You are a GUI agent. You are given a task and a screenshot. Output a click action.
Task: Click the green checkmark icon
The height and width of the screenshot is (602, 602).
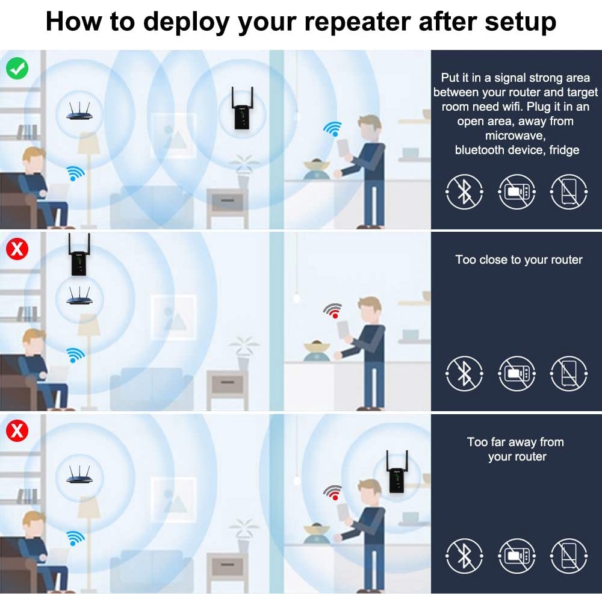pyautogui.click(x=17, y=69)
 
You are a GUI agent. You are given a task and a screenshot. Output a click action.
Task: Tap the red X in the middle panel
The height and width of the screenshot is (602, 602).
pyautogui.click(x=17, y=249)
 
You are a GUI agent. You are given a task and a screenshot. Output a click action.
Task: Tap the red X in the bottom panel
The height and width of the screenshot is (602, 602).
pyautogui.click(x=17, y=430)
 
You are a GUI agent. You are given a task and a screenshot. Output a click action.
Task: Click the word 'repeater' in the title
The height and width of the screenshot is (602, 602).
pyautogui.click(x=358, y=22)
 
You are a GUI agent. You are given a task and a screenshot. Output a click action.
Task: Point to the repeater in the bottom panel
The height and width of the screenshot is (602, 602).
pyautogui.click(x=397, y=472)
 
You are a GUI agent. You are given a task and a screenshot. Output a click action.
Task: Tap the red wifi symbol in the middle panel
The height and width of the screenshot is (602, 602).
pyautogui.click(x=333, y=311)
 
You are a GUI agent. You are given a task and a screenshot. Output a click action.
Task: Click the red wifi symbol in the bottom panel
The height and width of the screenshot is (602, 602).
pyautogui.click(x=333, y=492)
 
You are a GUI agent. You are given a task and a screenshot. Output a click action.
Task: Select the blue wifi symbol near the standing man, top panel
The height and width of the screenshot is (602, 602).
pyautogui.click(x=333, y=129)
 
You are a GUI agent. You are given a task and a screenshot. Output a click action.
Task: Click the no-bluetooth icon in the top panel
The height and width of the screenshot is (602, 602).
pyautogui.click(x=465, y=191)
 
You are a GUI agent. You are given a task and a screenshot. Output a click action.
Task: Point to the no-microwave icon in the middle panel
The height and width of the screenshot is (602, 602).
pyautogui.click(x=517, y=374)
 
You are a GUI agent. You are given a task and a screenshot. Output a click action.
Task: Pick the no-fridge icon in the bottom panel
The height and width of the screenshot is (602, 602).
pyautogui.click(x=569, y=556)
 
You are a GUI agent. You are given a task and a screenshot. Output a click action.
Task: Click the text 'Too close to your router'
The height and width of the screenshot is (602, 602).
pyautogui.click(x=519, y=260)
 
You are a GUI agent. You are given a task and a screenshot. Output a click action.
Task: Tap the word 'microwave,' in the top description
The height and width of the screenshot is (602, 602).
pyautogui.click(x=515, y=135)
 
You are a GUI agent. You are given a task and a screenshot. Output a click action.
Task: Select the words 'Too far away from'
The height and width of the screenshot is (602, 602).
pyautogui.click(x=515, y=442)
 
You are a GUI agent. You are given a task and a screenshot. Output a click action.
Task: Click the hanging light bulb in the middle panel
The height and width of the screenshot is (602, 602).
pyautogui.click(x=296, y=298)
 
